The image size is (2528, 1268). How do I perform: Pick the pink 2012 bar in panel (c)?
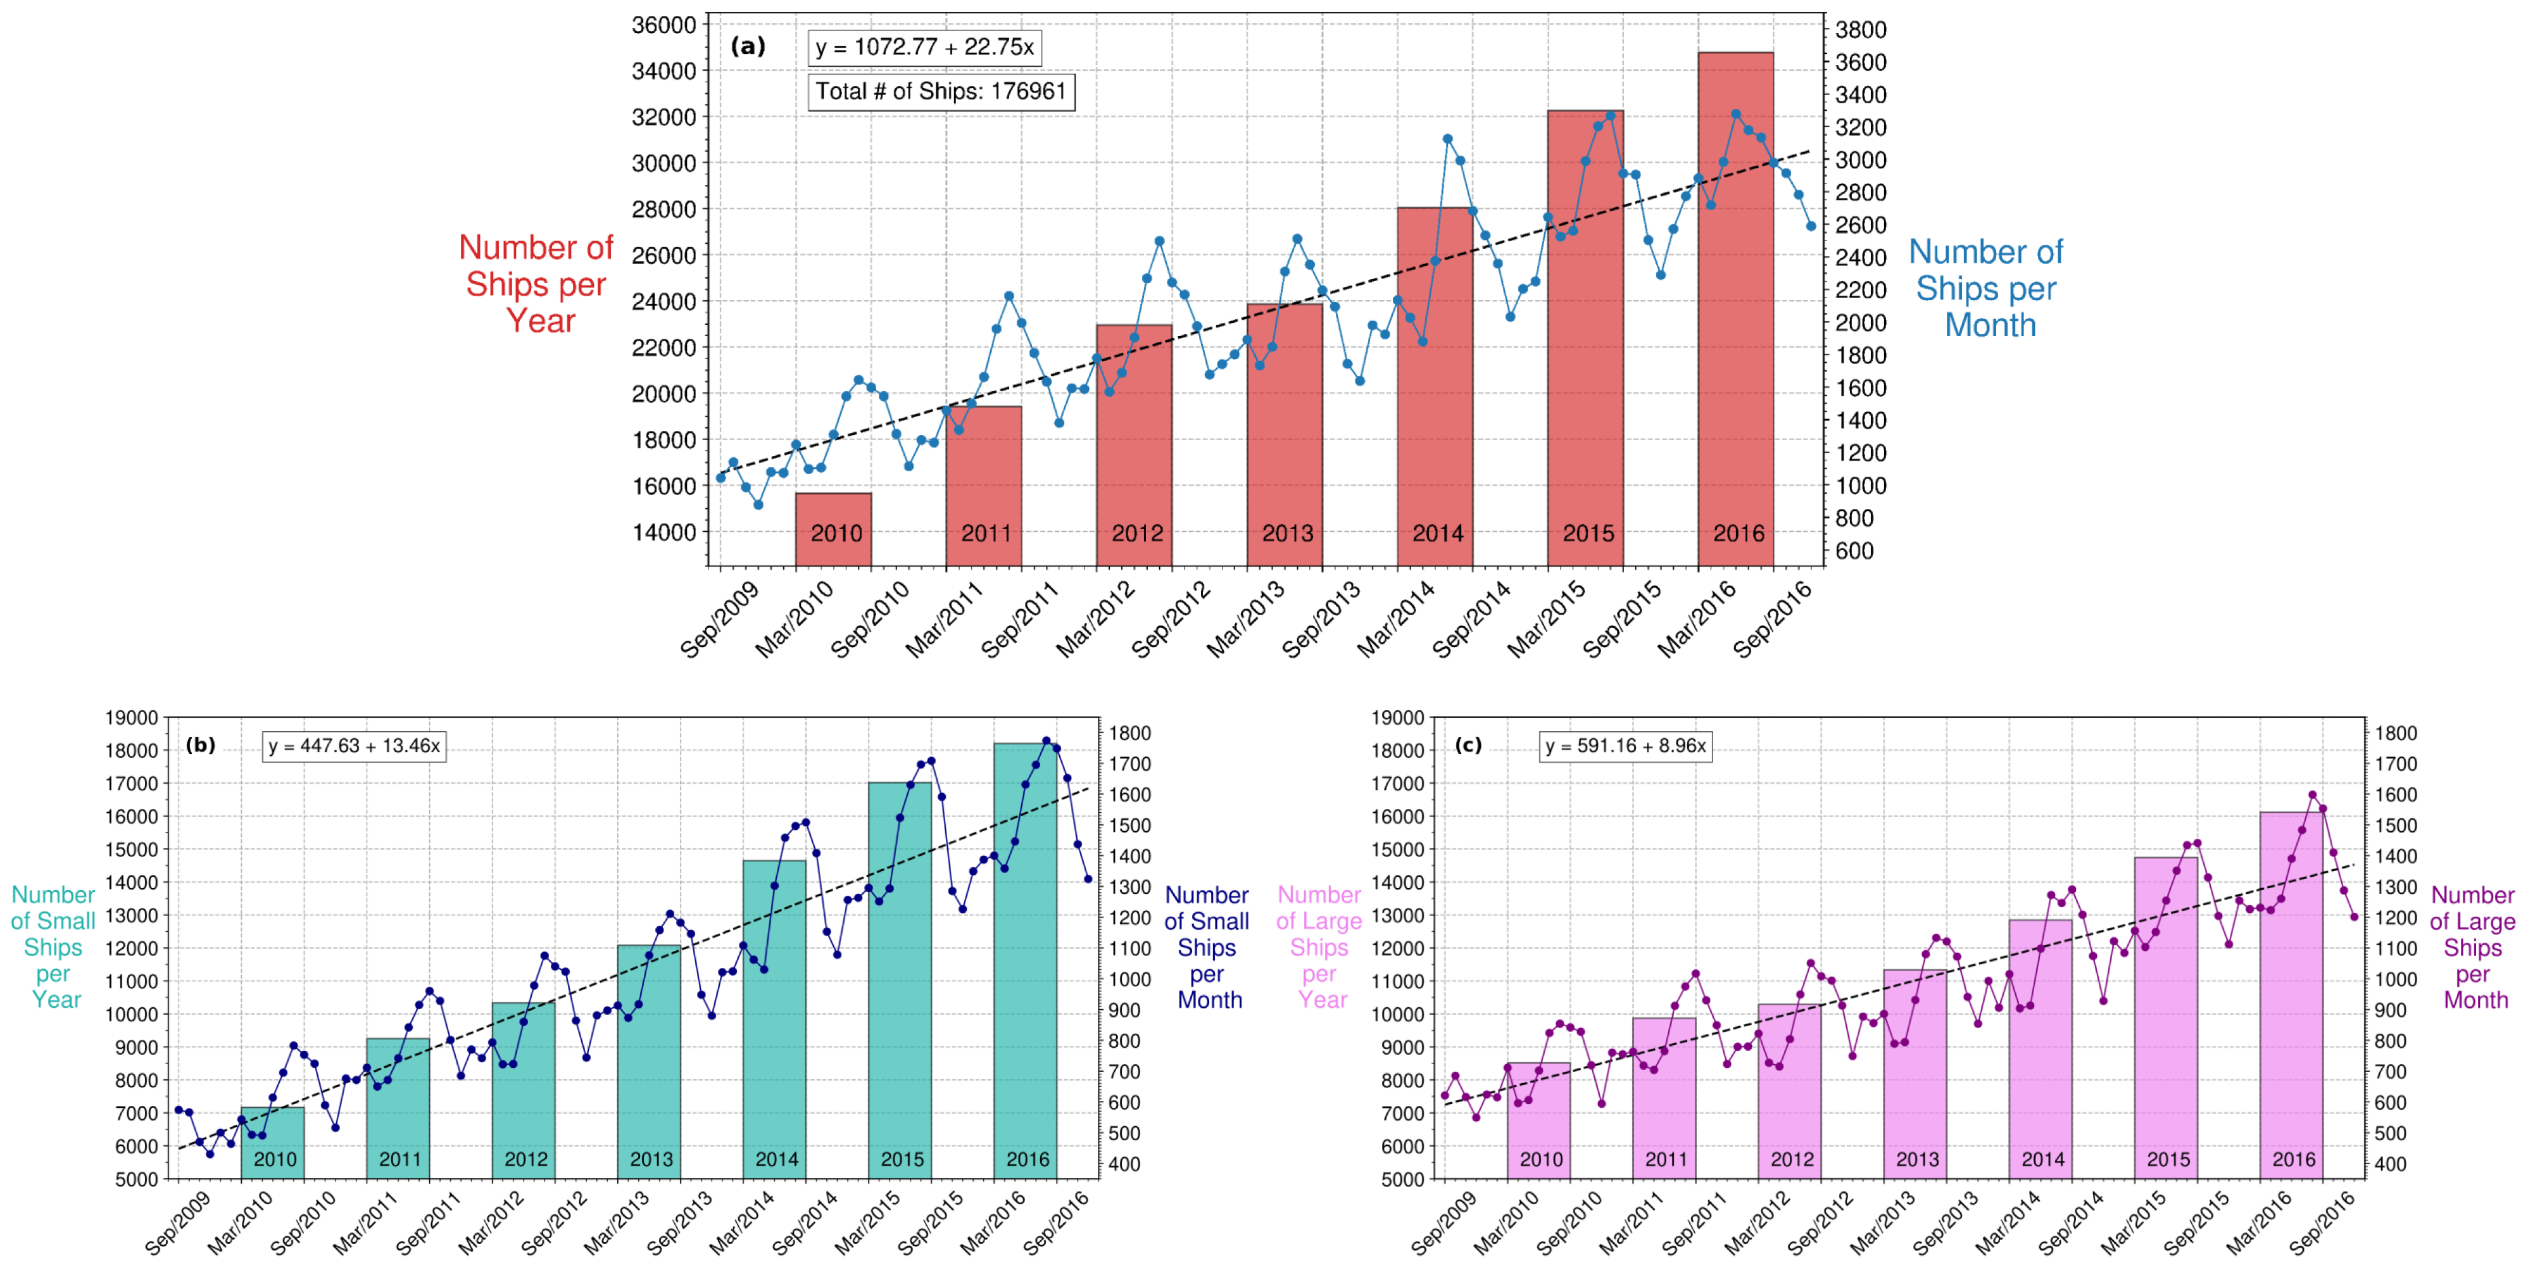click(1789, 1090)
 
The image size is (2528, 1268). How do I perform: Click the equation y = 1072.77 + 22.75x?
click(924, 47)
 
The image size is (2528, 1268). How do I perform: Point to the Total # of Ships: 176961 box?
click(940, 91)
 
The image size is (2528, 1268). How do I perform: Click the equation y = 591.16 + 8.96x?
click(1625, 746)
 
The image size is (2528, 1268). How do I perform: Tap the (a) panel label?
click(748, 46)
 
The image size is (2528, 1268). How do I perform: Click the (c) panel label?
click(1468, 745)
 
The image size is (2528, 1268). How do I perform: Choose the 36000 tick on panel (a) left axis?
click(663, 25)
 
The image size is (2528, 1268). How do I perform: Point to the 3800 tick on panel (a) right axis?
click(1861, 30)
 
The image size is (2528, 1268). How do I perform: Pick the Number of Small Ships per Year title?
click(53, 947)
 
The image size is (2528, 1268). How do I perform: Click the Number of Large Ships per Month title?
click(2472, 947)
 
